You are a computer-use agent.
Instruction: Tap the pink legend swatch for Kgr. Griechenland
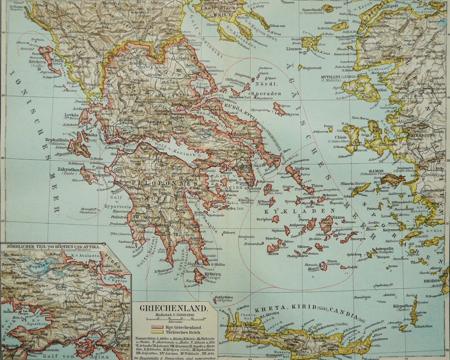coord(157,327)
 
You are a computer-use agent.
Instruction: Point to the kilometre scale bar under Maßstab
coord(175,320)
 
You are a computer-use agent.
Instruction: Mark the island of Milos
coord(273,249)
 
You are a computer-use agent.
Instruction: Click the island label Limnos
coord(294,49)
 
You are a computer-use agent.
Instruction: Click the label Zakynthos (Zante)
coord(68,170)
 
